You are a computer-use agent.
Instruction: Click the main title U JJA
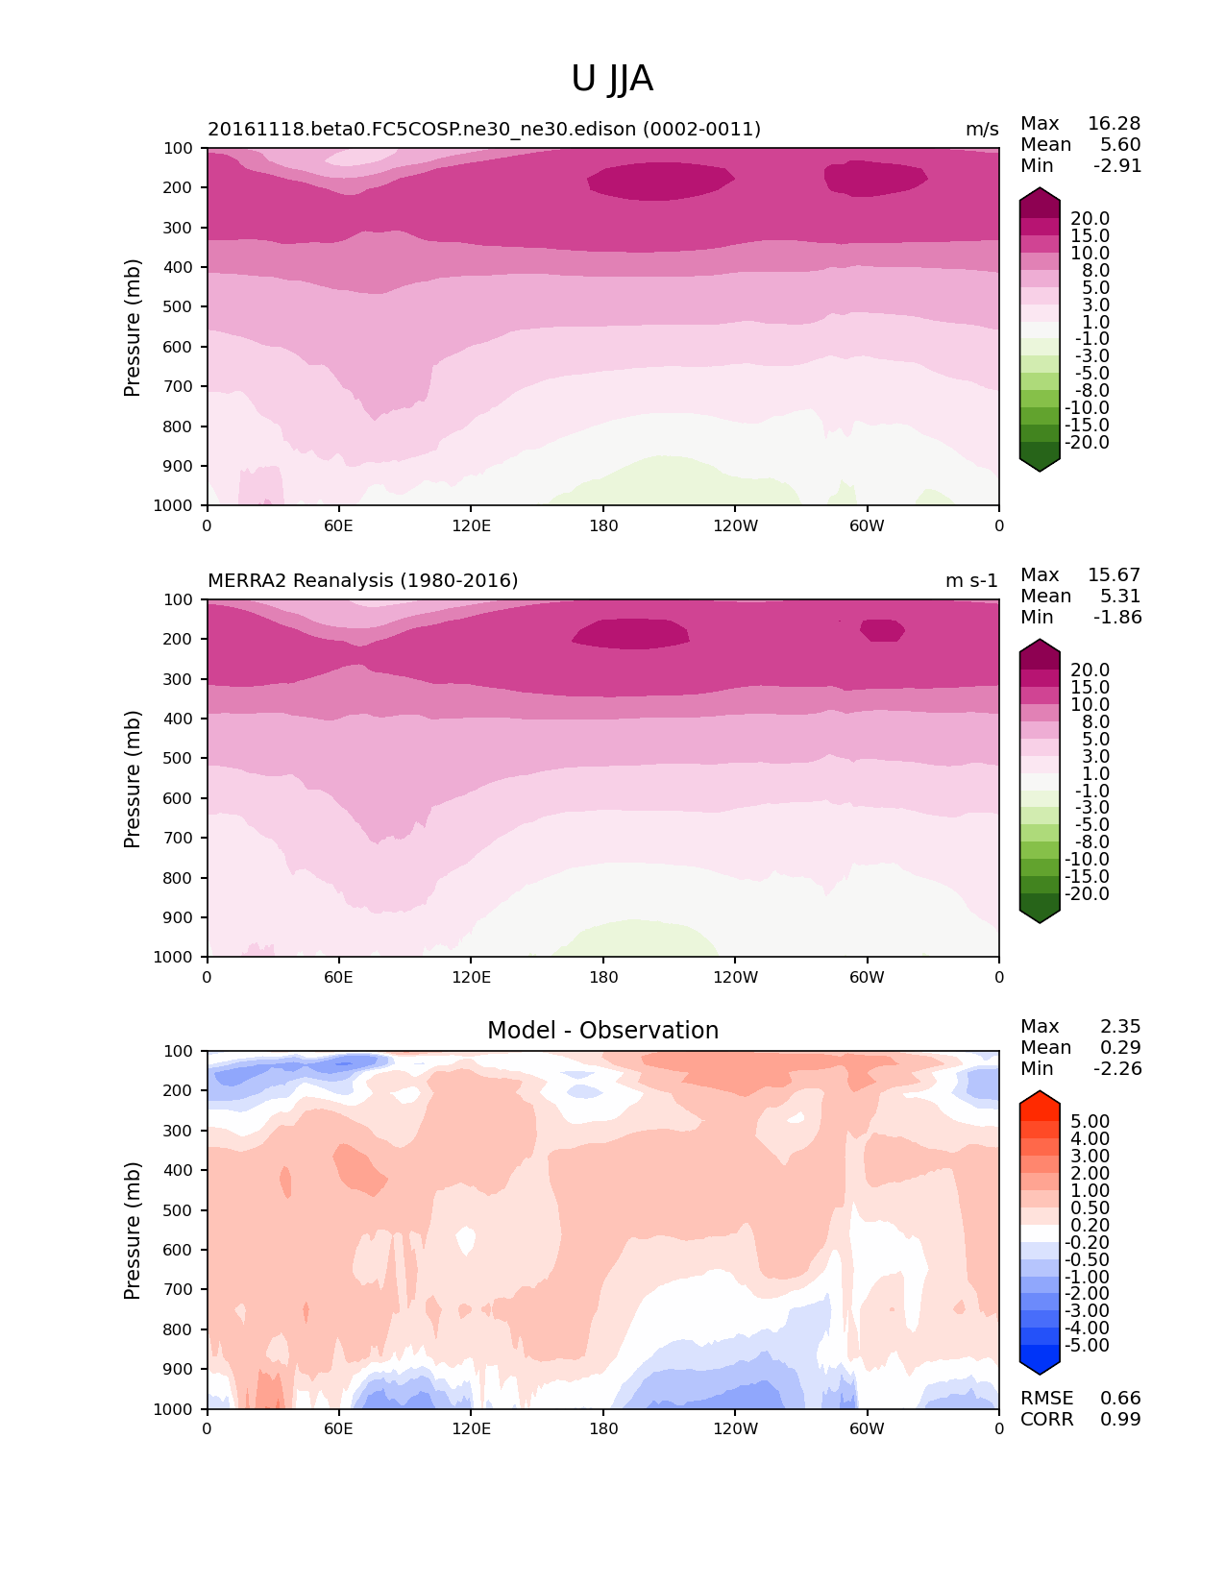(612, 79)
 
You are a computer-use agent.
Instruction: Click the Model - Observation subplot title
(602, 1031)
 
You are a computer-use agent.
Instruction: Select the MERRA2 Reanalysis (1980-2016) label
(363, 580)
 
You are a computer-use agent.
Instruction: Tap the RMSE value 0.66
(1120, 1398)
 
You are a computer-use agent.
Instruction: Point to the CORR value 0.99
(1120, 1419)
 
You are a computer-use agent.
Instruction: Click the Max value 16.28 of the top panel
(1114, 123)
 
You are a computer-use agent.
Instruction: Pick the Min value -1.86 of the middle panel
(1117, 617)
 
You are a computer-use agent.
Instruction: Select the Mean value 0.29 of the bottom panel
(1120, 1047)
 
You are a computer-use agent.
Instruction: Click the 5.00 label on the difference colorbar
(1090, 1121)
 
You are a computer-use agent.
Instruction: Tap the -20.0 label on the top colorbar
(1088, 443)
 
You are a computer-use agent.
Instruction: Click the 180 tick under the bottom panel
(603, 1428)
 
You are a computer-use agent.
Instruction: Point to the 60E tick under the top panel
(338, 525)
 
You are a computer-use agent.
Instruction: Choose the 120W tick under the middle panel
(735, 977)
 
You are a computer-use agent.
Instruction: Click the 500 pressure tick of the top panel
(180, 306)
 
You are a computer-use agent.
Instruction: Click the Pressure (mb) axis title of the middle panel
(133, 779)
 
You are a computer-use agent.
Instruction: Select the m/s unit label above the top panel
(982, 129)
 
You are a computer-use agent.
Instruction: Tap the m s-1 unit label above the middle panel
(971, 580)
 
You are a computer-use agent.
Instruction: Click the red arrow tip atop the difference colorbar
(1040, 1099)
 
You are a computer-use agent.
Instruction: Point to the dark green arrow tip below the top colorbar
(1040, 464)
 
